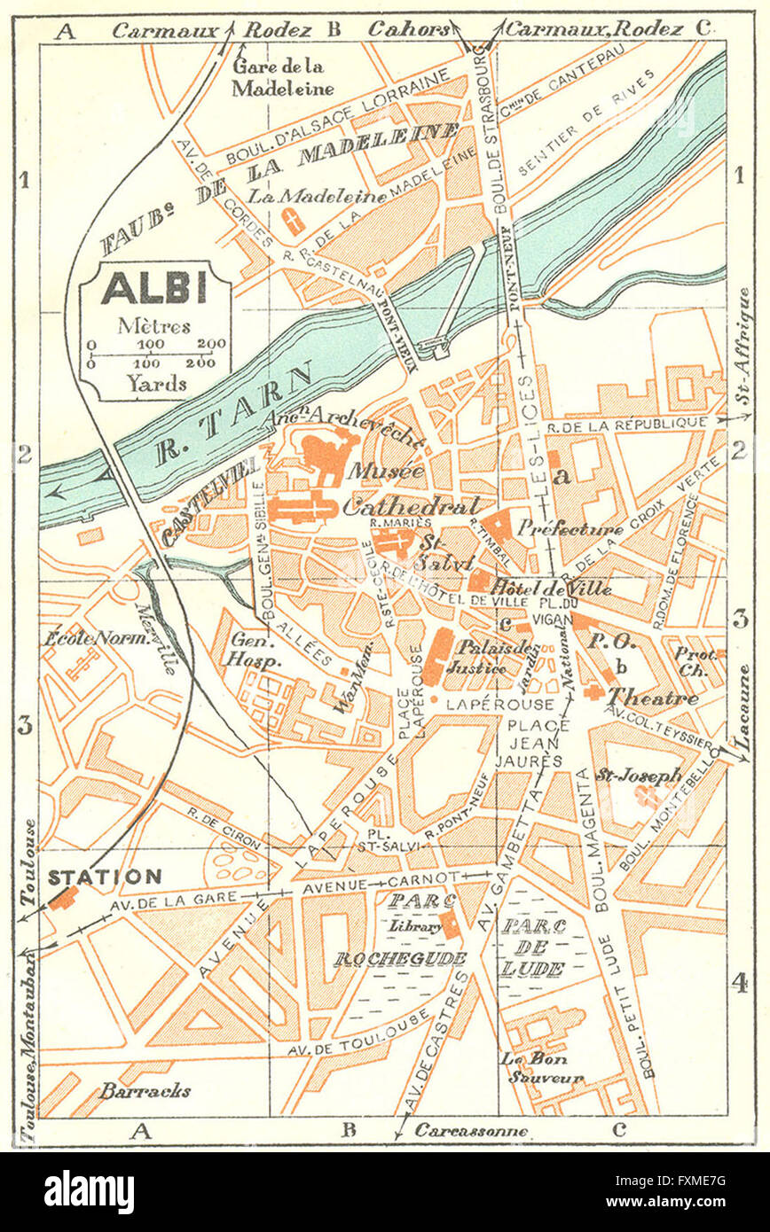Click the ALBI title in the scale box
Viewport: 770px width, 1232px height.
point(154,288)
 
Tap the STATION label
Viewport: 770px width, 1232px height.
point(105,877)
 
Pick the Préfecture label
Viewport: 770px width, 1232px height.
point(570,529)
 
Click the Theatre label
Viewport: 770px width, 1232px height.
point(653,698)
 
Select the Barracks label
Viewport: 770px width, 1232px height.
point(144,1091)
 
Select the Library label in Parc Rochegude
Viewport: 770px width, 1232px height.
point(413,926)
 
